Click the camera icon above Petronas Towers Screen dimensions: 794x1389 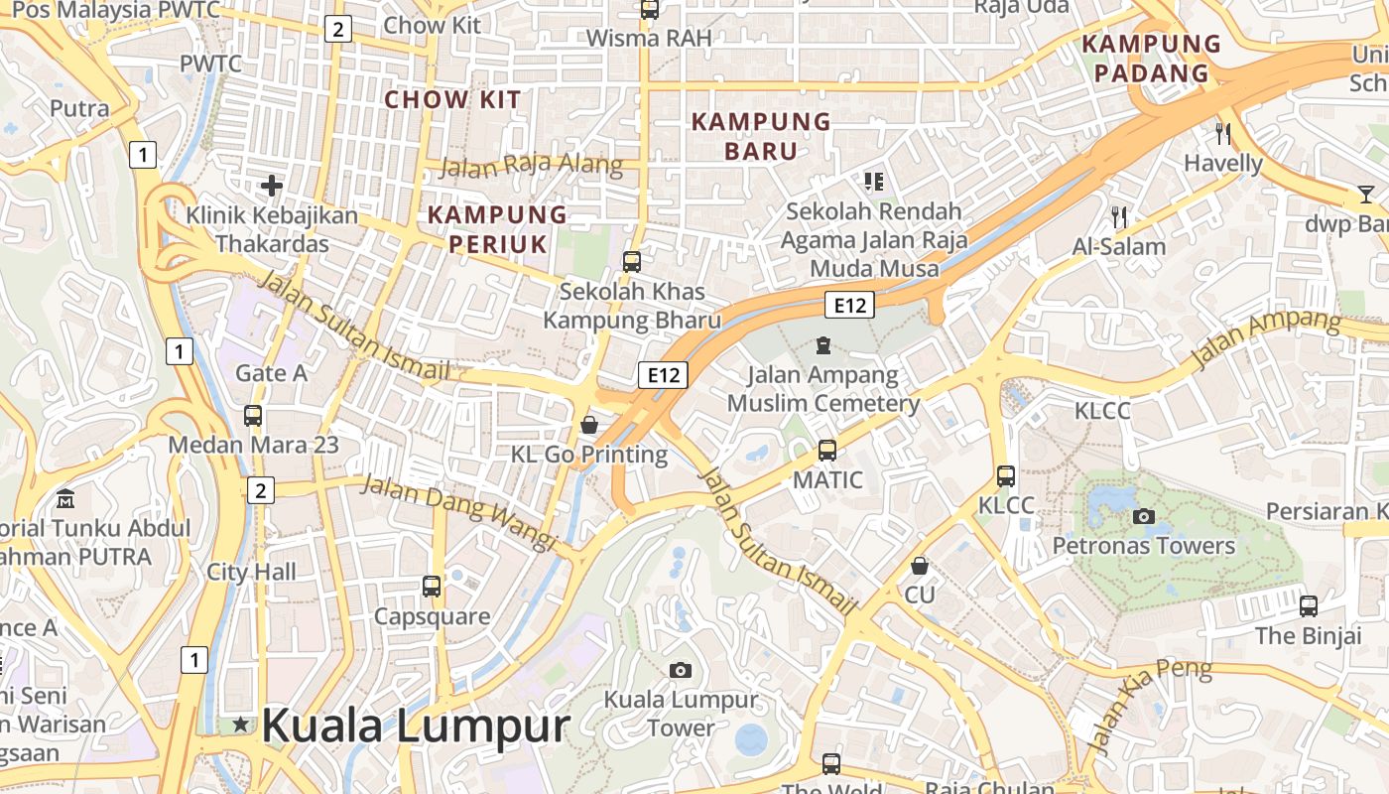tap(1143, 516)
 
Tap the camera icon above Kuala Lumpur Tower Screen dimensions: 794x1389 tap(680, 670)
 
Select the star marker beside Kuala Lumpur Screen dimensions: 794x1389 tap(240, 725)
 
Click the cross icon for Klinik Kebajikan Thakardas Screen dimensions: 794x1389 tap(271, 185)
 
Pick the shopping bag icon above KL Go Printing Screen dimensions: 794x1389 tap(589, 425)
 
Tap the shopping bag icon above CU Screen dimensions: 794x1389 tap(920, 566)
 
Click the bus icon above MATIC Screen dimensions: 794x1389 tap(827, 451)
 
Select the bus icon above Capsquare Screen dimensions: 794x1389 tap(432, 586)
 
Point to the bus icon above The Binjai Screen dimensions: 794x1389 tap(1309, 605)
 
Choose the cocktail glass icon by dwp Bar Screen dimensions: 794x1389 tap(1366, 195)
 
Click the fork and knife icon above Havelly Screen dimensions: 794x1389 tap(1223, 133)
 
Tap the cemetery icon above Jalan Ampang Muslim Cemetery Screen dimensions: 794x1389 tap(822, 345)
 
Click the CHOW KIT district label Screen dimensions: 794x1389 tap(452, 99)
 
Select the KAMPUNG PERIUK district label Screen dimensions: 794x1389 tap(497, 229)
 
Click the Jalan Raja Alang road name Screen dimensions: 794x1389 tap(531, 166)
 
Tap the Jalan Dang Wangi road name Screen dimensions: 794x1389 tap(455, 512)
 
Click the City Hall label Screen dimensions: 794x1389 tap(251, 572)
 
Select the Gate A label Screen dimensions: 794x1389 tap(271, 373)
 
